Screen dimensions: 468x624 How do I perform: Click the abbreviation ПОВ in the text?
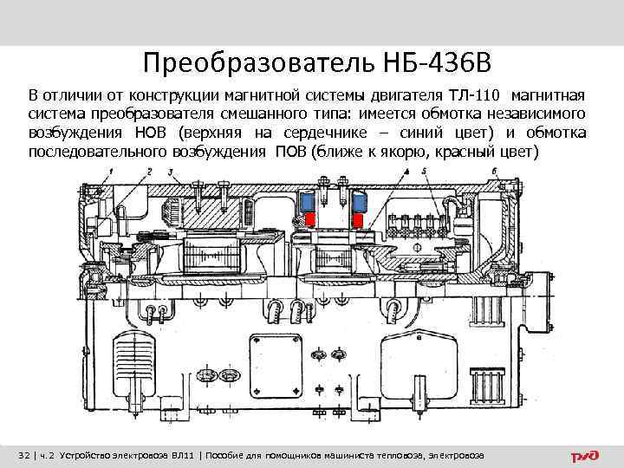click(x=291, y=153)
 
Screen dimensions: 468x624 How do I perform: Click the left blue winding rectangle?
click(x=309, y=200)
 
